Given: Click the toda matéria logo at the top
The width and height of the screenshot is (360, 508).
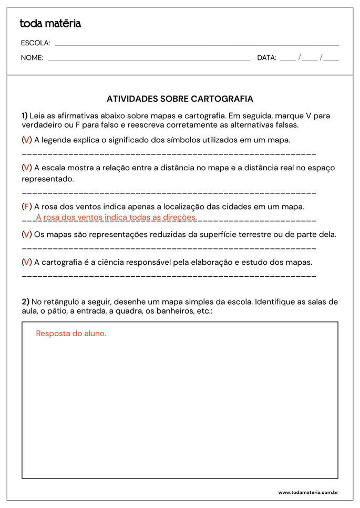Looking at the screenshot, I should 50,24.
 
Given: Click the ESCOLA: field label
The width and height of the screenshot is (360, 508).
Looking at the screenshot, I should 35,43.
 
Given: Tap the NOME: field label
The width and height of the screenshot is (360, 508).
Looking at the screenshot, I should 32,58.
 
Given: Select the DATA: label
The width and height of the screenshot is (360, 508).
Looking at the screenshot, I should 266,58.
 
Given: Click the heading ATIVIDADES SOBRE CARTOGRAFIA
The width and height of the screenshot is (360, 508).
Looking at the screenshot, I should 180,99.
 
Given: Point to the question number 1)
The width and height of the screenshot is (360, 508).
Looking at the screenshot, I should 25,116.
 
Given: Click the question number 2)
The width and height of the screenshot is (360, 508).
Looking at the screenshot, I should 25,302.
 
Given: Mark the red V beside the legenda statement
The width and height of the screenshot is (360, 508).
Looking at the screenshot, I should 26,140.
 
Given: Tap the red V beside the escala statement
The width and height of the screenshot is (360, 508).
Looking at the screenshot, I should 26,168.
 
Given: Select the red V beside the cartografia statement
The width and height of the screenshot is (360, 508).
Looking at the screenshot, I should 26,262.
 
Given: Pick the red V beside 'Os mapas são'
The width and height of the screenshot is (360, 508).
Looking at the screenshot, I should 26,234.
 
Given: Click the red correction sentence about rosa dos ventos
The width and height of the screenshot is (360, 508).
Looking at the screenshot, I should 116,217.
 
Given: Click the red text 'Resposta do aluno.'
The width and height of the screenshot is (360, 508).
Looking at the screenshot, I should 71,334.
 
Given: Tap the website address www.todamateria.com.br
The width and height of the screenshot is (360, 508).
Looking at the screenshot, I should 307,493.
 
